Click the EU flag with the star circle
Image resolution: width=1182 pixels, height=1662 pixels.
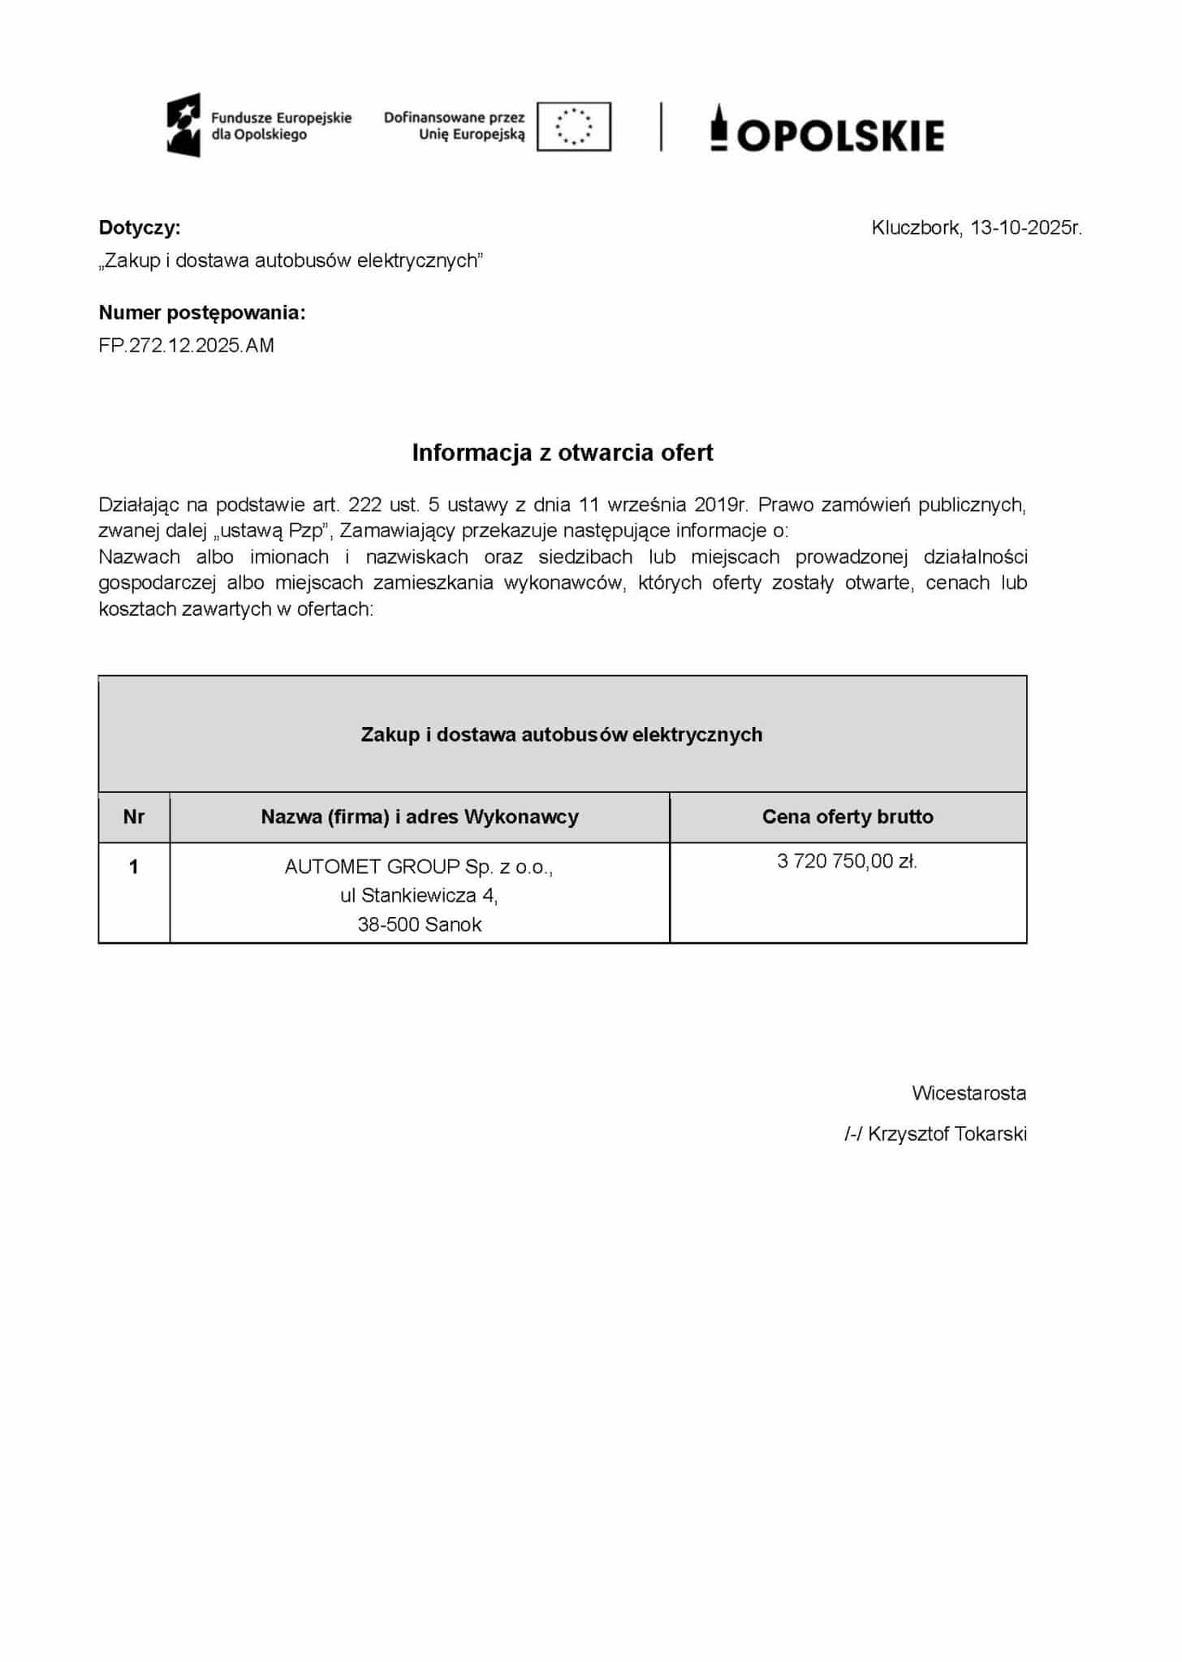[574, 127]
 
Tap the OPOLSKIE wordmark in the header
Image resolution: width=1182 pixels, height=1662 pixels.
[840, 135]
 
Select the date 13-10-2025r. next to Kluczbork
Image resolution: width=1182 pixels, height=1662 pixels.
[1026, 228]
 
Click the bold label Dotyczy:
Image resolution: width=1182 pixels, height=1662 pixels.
[140, 228]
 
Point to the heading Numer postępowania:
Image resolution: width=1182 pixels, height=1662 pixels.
[202, 312]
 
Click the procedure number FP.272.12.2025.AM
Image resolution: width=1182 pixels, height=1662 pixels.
[187, 346]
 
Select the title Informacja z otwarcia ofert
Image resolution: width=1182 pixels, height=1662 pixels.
[563, 453]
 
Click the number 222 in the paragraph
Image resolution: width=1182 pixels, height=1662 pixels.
[365, 505]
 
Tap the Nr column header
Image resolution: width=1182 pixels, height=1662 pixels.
[134, 817]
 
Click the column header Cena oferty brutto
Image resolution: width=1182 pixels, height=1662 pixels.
[848, 817]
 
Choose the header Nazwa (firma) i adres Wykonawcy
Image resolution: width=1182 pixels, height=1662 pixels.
[420, 817]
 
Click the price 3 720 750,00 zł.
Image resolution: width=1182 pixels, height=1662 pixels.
[847, 862]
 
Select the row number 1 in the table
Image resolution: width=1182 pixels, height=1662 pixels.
[134, 868]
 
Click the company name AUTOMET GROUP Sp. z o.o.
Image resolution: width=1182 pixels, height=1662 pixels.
[419, 868]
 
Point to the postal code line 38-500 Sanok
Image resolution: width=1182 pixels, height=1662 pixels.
[420, 925]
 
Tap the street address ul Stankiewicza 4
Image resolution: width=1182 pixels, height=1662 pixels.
[419, 896]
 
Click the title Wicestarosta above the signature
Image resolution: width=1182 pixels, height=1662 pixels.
[968, 1094]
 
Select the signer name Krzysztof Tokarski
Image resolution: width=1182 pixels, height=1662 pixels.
[947, 1135]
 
